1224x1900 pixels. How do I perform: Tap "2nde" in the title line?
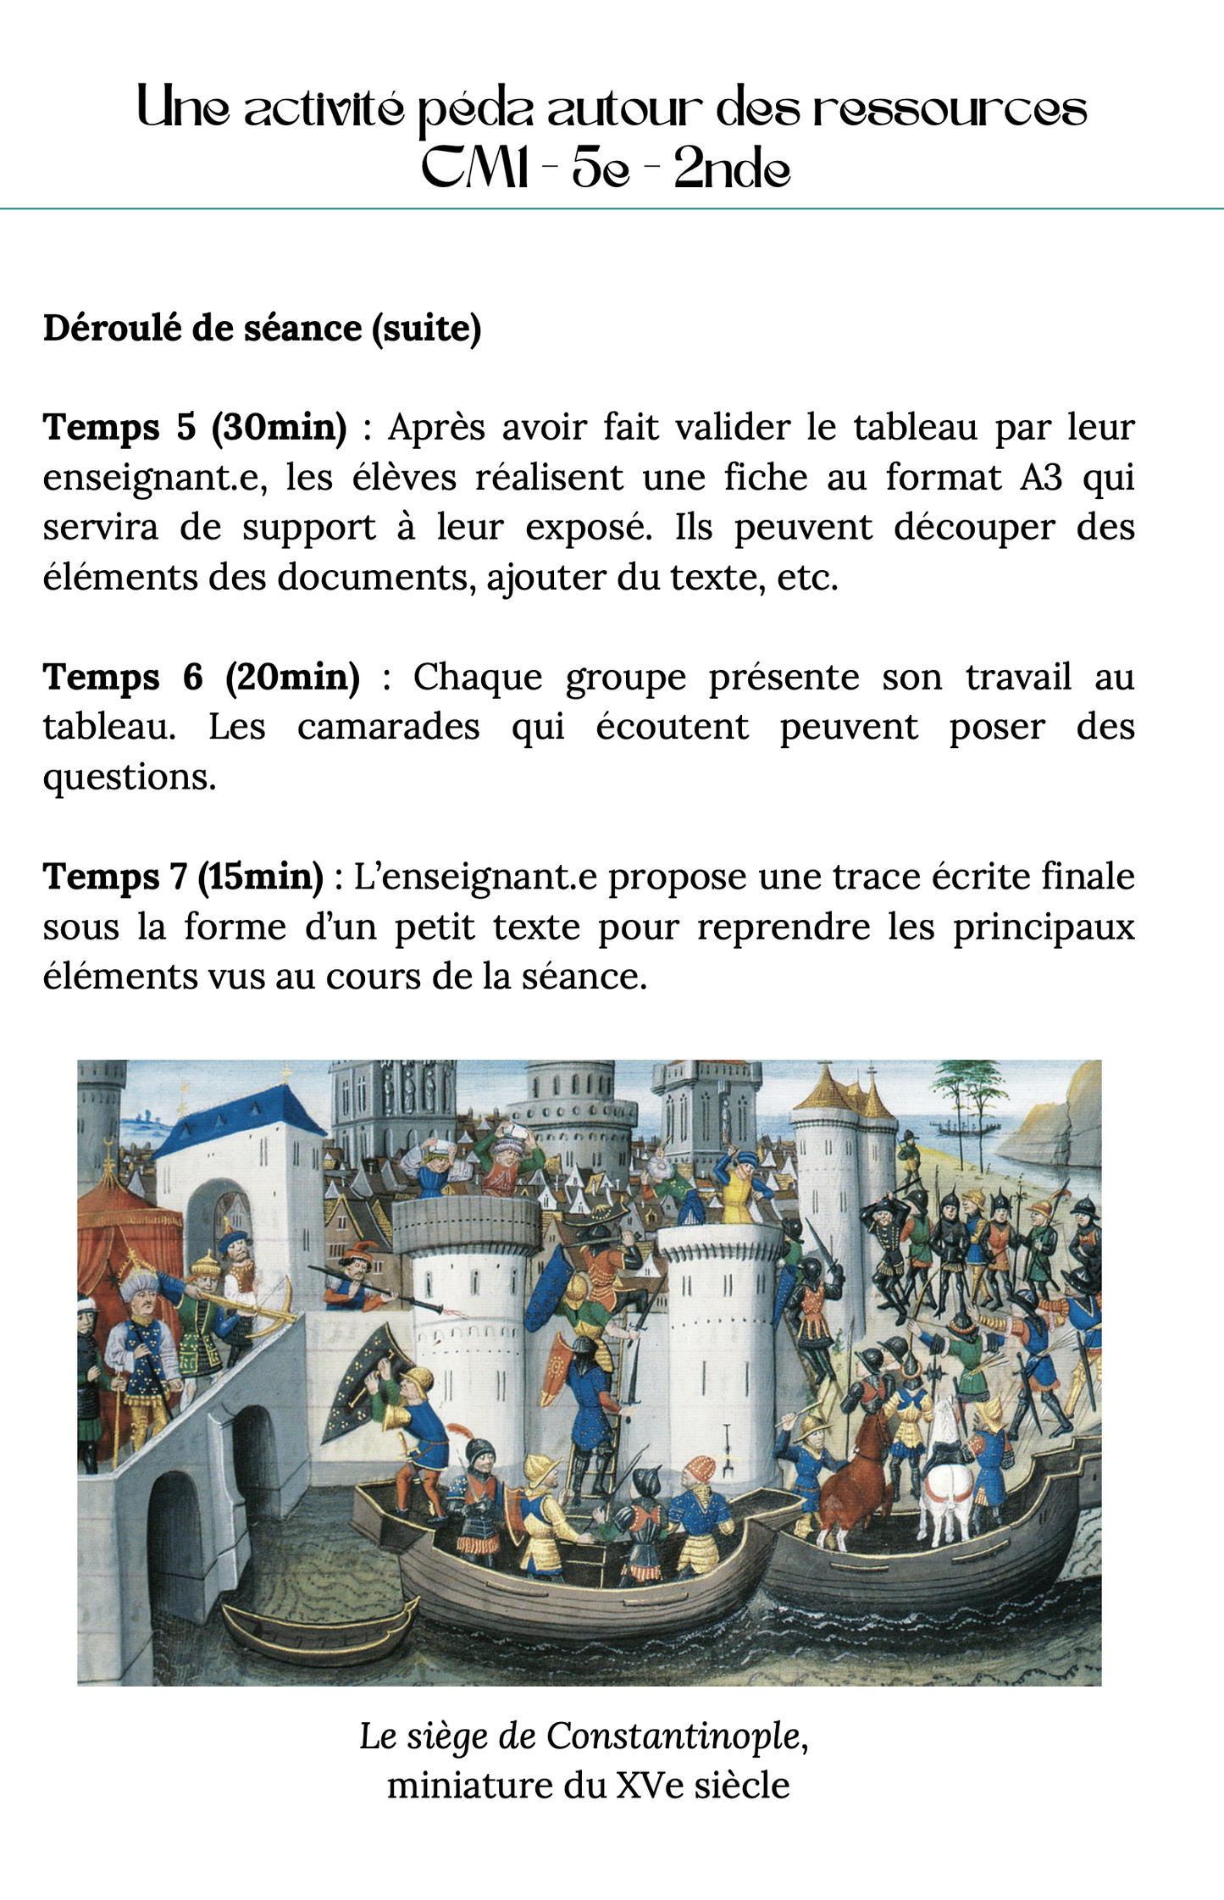(x=732, y=170)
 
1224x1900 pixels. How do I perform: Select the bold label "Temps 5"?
(x=119, y=427)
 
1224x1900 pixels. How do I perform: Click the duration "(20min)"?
(x=293, y=677)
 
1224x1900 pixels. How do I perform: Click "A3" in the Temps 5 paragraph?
(x=1041, y=477)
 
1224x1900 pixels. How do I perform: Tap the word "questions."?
(x=130, y=777)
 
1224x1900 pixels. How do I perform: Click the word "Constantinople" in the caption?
(x=673, y=1736)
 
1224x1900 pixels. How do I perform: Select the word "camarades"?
(x=388, y=727)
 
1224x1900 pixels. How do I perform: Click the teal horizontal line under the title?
(x=612, y=208)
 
